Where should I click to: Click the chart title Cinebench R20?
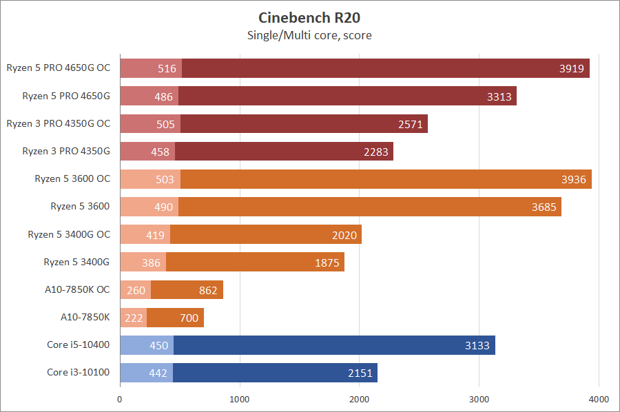point(309,17)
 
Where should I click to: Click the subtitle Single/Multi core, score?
point(309,35)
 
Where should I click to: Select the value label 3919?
point(571,68)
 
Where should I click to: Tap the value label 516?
point(167,68)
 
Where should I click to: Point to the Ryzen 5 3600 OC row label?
point(72,178)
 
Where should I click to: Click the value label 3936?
point(573,179)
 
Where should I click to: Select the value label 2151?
point(359,373)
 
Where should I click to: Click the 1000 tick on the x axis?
point(240,399)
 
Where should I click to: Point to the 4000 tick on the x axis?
point(599,399)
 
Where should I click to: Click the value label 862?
point(207,290)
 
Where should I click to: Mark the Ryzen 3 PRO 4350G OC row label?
point(59,123)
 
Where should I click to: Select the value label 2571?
point(410,124)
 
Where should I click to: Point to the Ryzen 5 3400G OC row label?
point(69,234)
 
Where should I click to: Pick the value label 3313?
point(499,96)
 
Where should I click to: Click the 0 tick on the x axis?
point(121,399)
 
